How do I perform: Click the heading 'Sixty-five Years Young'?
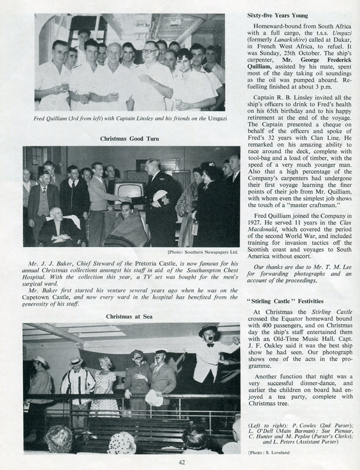(277, 16)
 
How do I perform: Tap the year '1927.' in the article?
(256, 222)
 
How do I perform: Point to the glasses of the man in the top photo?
(149, 51)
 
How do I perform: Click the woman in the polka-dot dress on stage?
(104, 384)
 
